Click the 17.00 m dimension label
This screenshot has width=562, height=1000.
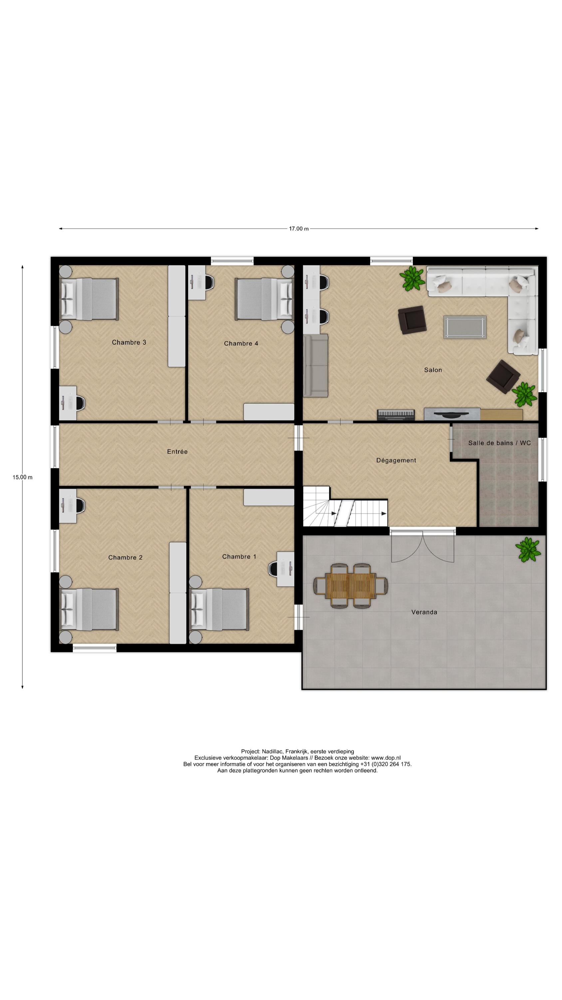point(298,229)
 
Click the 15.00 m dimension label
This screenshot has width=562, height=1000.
point(23,477)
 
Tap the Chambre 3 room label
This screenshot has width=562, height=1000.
point(129,342)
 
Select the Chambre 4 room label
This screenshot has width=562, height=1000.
point(241,343)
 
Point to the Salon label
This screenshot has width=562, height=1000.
point(433,370)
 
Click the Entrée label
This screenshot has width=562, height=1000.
point(177,451)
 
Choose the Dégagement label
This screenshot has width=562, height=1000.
point(396,460)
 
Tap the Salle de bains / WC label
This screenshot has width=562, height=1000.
point(499,443)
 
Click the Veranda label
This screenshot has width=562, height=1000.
point(424,612)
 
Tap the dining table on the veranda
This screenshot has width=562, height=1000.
point(350,586)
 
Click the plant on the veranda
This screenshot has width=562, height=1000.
point(527,549)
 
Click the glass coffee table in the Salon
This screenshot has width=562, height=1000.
point(465,327)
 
